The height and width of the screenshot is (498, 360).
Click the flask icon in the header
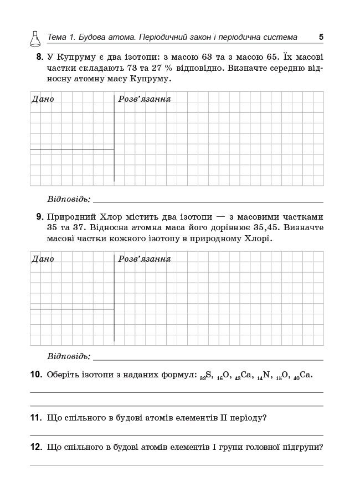tap(34, 38)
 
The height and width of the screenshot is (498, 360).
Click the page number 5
tap(321, 37)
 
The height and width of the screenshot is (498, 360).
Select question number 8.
tap(40, 57)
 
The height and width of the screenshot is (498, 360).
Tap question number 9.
tap(40, 217)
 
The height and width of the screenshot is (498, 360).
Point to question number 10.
tap(36, 375)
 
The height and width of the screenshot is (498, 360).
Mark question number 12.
tap(36, 447)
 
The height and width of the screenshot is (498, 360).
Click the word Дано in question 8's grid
tap(43, 99)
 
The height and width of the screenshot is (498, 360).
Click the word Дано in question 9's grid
tap(43, 259)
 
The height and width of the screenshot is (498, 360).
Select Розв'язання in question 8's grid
tap(145, 99)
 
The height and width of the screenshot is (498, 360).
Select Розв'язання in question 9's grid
tap(145, 259)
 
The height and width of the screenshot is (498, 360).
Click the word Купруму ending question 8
tap(150, 79)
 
